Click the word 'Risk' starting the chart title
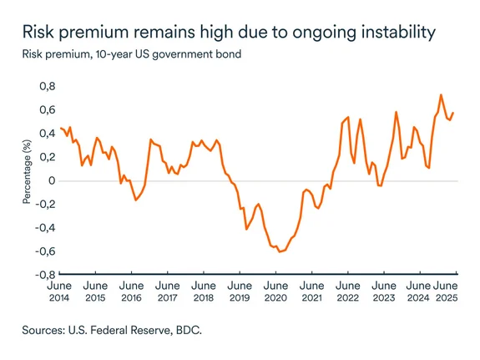pyautogui.click(x=39, y=33)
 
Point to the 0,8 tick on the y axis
pyautogui.click(x=47, y=86)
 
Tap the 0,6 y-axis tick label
pyautogui.click(x=47, y=109)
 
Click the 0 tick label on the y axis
pyautogui.click(x=52, y=180)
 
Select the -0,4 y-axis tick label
pyautogui.click(x=45, y=227)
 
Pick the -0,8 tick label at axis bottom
pyautogui.click(x=45, y=274)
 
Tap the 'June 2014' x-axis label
pyautogui.click(x=60, y=291)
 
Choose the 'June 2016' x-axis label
pyautogui.click(x=132, y=291)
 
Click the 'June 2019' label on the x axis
pyautogui.click(x=240, y=291)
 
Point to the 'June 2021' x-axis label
pyautogui.click(x=311, y=291)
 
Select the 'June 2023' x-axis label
pyautogui.click(x=383, y=291)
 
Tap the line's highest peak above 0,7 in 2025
pyautogui.click(x=441, y=94)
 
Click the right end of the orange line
pyautogui.click(x=454, y=113)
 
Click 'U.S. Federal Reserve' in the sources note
pyautogui.click(x=127, y=331)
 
